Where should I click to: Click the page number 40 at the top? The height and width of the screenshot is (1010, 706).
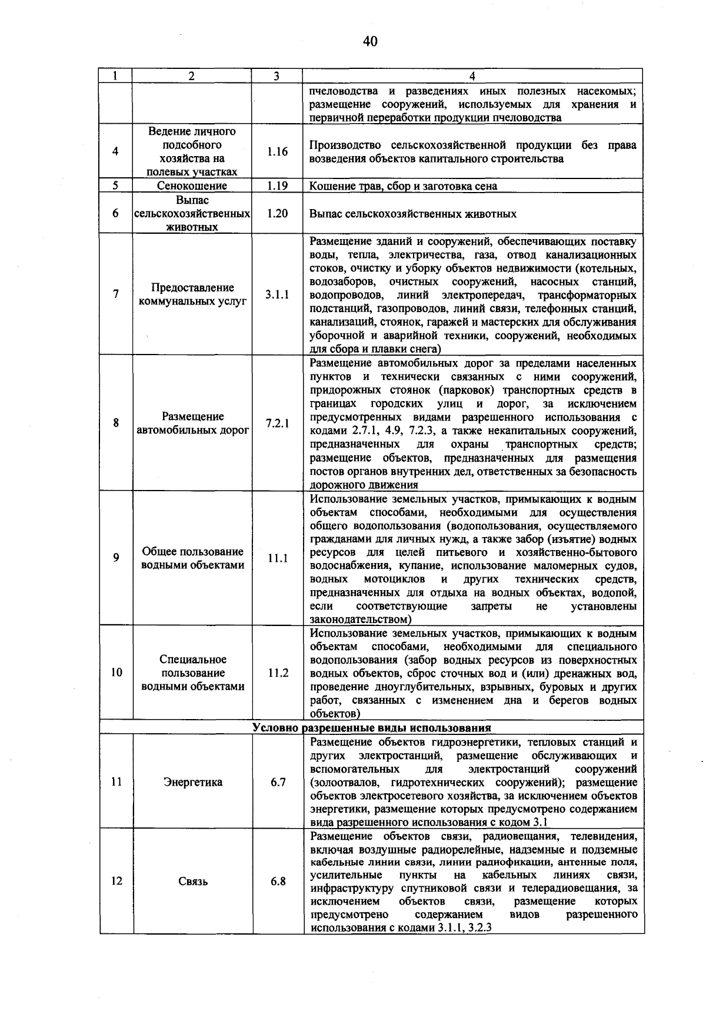[369, 41]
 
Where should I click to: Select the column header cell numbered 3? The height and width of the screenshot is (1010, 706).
[277, 76]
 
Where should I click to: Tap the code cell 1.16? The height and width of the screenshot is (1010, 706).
[277, 151]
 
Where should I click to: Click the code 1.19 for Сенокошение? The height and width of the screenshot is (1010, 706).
[277, 186]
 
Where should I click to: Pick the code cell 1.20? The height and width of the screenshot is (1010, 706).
[277, 213]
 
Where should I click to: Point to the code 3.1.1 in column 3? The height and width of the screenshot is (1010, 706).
[277, 294]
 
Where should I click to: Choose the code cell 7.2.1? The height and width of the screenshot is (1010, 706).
[277, 423]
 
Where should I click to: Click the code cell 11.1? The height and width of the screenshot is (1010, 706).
[277, 558]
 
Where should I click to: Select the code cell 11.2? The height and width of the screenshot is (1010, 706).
[278, 673]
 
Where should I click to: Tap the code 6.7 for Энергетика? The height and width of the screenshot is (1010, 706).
[278, 782]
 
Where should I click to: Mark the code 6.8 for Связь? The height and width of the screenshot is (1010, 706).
[278, 882]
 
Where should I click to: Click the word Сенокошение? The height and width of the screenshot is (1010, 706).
[192, 186]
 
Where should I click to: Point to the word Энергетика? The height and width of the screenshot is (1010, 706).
[193, 782]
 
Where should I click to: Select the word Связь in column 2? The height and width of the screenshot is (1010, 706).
[193, 882]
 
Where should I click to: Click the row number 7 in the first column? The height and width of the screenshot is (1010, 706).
[116, 294]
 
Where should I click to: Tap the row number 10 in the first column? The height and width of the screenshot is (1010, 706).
[116, 673]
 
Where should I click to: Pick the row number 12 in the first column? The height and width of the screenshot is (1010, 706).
[116, 882]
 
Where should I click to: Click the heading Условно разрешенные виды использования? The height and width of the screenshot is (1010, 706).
[371, 728]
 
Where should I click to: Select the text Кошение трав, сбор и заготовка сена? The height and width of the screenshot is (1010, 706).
[403, 186]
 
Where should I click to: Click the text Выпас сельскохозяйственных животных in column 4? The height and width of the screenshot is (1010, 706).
[413, 214]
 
